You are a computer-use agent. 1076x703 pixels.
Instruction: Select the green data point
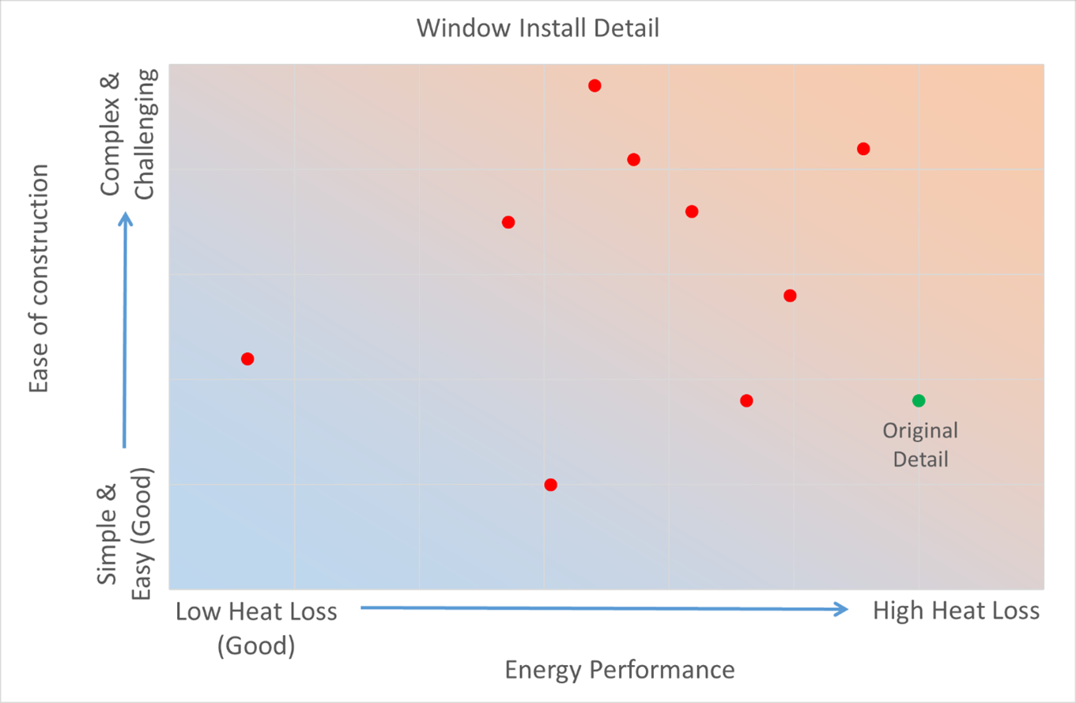tap(918, 400)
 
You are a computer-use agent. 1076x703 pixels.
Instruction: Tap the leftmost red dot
tap(247, 359)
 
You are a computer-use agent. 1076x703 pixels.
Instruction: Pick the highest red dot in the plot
tap(595, 85)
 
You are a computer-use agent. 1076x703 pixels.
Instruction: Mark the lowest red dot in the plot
tap(550, 485)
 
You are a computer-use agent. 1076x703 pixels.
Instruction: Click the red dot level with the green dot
tap(746, 400)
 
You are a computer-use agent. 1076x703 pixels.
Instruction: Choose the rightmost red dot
tap(863, 149)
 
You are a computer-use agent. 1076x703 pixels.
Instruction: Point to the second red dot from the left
tap(508, 222)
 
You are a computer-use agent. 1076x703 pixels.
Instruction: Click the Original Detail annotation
tap(920, 444)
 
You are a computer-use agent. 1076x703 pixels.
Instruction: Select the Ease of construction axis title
tap(40, 278)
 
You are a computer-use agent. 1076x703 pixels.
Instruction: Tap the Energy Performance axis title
tap(620, 670)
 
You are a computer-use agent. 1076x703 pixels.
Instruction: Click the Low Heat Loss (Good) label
tap(256, 629)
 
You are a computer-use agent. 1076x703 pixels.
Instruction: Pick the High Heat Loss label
tap(956, 611)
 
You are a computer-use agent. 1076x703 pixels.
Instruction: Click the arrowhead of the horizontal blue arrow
tap(843, 609)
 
